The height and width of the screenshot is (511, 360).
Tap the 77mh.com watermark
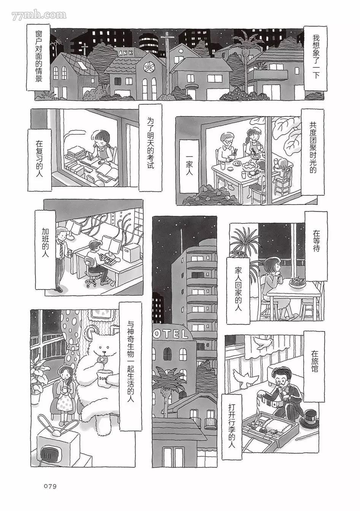click(x=39, y=15)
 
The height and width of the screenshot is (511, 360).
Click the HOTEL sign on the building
click(x=170, y=334)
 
